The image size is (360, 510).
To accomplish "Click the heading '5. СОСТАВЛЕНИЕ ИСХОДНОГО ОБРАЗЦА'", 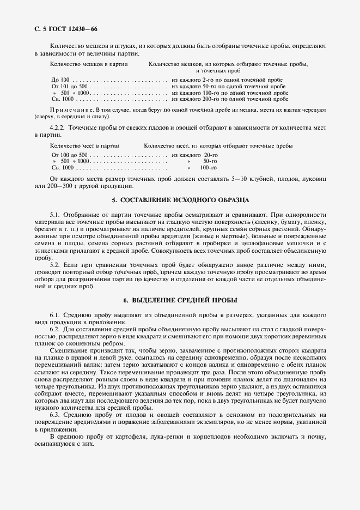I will point(180,200).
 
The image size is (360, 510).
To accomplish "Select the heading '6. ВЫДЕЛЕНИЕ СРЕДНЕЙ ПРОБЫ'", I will point(180,300).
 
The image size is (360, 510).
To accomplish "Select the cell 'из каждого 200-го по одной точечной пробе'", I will point(230,99).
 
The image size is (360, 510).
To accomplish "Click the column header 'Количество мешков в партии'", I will point(89,64).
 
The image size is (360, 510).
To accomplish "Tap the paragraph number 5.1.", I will point(55,216).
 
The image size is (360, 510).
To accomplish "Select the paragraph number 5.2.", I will point(55,264).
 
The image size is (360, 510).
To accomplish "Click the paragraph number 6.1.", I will point(55,315).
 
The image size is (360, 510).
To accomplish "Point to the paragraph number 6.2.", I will point(55,330).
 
